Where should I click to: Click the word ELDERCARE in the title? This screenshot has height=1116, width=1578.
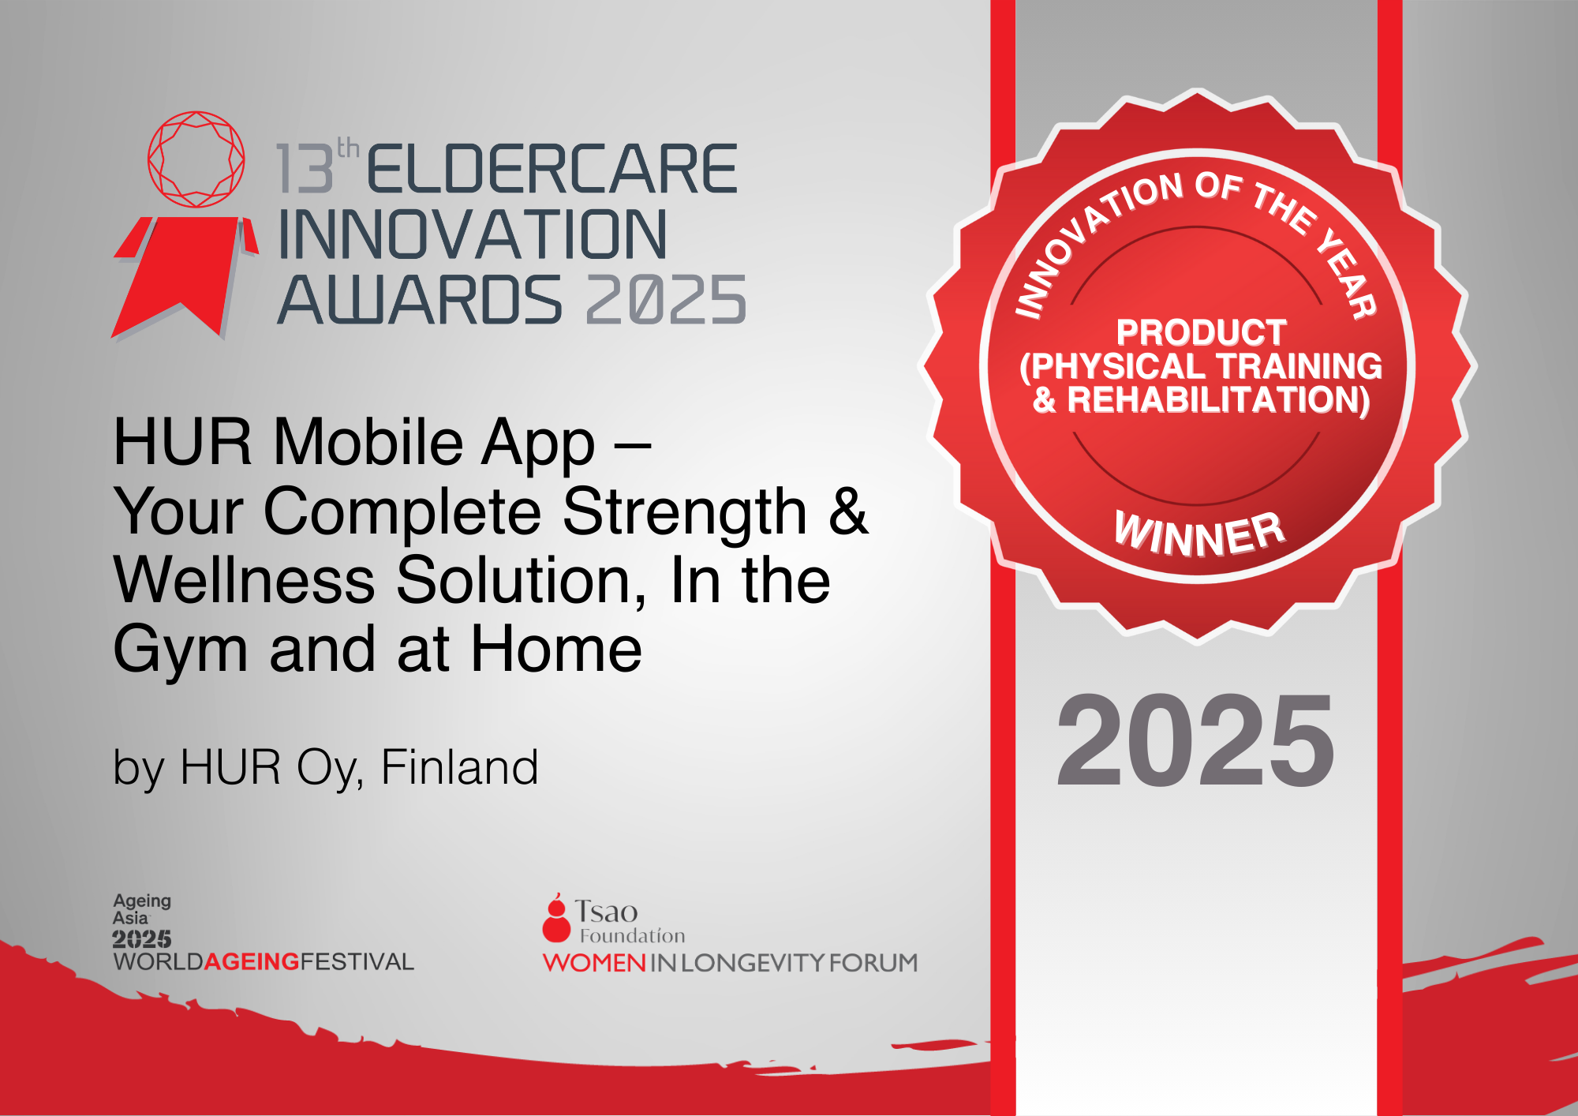coord(552,169)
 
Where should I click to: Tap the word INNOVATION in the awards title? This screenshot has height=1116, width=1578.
coord(473,234)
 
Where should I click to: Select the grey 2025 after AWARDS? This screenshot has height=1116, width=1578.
coord(666,300)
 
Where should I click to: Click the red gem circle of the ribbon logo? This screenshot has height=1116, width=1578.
coord(196,159)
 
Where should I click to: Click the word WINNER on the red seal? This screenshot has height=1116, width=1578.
coord(1200,534)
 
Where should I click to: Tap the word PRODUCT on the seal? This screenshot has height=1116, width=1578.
coord(1201,332)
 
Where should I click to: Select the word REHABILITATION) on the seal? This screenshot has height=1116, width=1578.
coord(1219,400)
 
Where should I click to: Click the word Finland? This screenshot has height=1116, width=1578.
coord(459,767)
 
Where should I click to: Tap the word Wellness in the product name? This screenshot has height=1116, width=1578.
coord(245,580)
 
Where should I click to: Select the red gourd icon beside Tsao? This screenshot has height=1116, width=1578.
coord(556,918)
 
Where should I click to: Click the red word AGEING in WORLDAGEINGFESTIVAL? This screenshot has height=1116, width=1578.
coord(252,961)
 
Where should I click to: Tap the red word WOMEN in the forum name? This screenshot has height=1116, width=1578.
coord(595,963)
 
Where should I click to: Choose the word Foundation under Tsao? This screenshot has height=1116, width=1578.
coord(633,936)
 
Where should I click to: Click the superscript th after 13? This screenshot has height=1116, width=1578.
coord(348,148)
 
